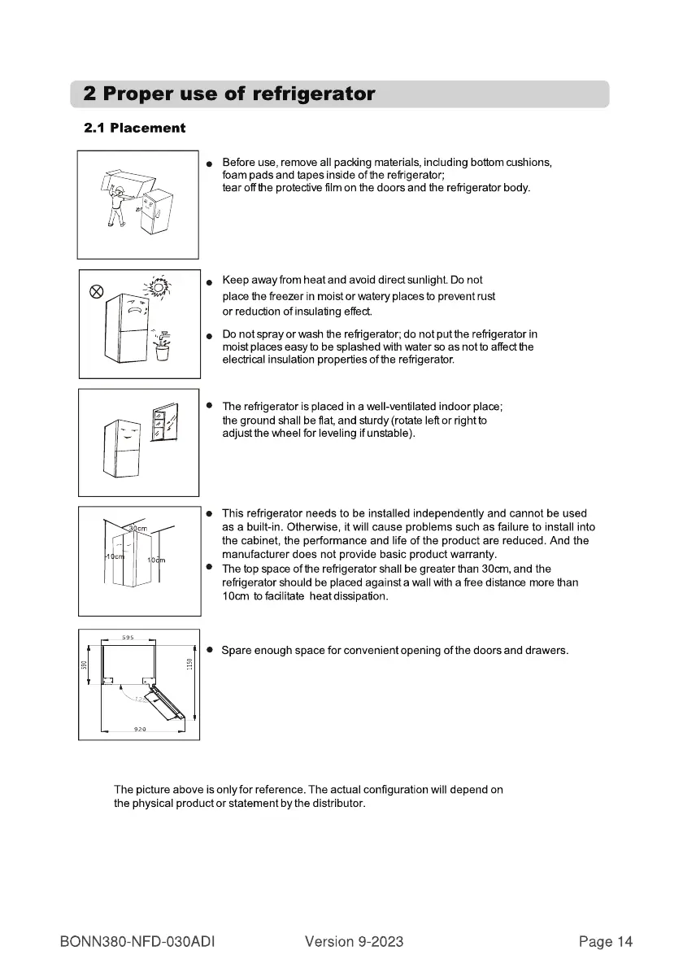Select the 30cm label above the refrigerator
point(137,530)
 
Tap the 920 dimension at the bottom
point(139,730)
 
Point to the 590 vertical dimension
point(85,665)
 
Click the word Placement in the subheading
point(148,128)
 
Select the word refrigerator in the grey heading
point(314,94)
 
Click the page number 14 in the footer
point(624,942)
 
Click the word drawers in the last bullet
point(546,651)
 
